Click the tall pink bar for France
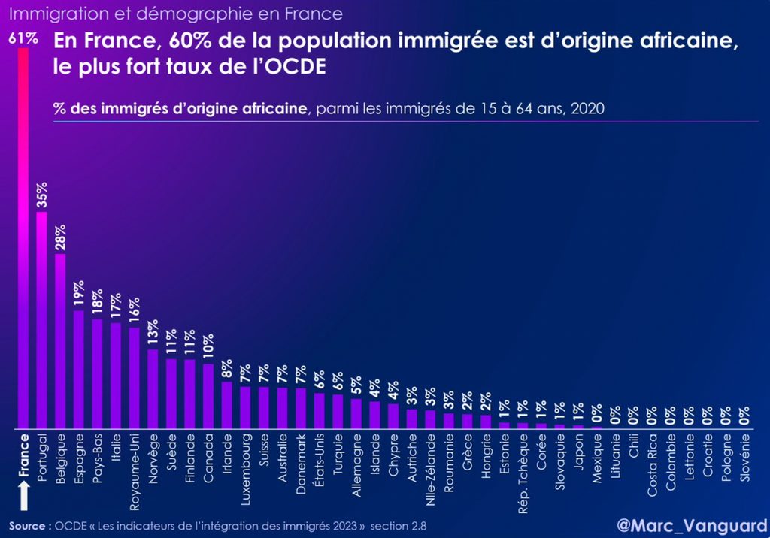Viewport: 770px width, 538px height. (23, 240)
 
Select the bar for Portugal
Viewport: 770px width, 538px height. (41, 319)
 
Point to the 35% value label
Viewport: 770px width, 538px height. (42, 195)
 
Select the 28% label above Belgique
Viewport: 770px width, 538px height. (61, 238)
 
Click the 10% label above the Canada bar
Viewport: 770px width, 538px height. (208, 349)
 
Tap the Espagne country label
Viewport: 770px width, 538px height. (79, 454)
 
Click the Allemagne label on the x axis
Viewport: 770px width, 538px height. (356, 458)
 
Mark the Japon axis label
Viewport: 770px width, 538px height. (578, 452)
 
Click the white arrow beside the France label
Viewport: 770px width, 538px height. (24, 495)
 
